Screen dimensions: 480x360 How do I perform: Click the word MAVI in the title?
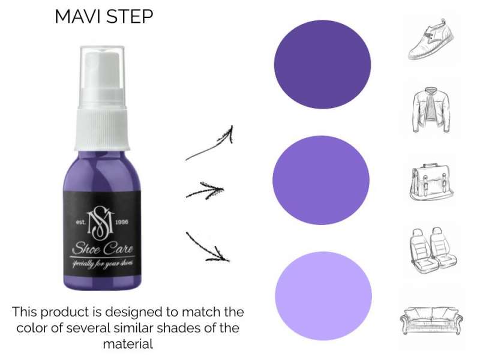coord(79,17)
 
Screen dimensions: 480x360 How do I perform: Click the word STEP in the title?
coord(130,17)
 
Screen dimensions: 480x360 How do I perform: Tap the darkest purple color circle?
coord(322,64)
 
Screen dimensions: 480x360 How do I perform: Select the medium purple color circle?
coord(321,180)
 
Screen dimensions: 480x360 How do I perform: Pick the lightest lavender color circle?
coord(323,296)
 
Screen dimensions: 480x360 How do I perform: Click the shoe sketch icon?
coord(431,39)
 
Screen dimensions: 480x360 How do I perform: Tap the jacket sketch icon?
coord(431,109)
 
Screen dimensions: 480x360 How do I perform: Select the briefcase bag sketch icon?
coord(431,182)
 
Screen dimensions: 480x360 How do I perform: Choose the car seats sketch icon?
coord(432,250)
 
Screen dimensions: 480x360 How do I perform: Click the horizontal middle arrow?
coord(205,191)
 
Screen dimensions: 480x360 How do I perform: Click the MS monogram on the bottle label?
coord(100,222)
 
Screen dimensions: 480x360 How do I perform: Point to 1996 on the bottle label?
coord(122,222)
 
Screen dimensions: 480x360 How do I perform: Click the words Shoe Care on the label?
coord(103,248)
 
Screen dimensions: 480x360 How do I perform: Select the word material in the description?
coord(128,344)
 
